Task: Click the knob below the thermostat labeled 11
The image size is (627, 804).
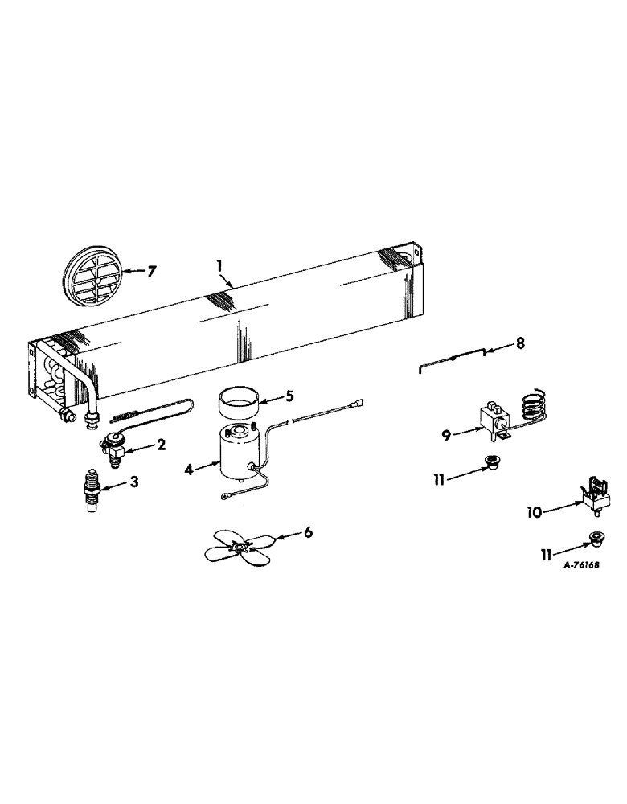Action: click(486, 461)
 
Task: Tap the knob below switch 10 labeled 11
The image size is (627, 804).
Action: click(596, 535)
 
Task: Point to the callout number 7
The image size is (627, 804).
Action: click(151, 270)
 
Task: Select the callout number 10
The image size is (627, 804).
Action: click(535, 511)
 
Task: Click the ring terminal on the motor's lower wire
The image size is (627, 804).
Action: click(226, 498)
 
